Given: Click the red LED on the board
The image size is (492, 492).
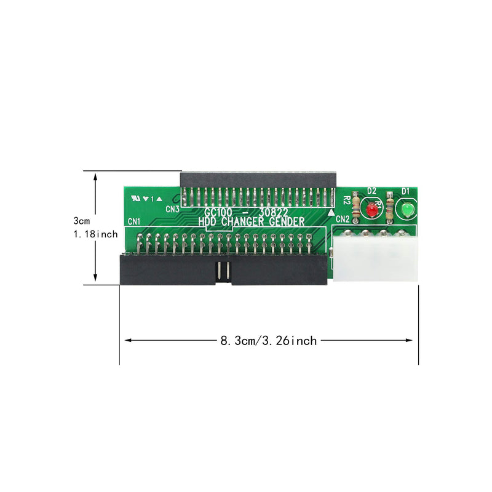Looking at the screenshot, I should (x=371, y=210).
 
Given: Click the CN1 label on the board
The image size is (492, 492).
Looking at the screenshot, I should (x=134, y=221).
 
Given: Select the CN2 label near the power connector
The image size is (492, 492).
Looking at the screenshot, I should (x=343, y=219).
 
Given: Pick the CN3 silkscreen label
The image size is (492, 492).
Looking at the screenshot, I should (x=172, y=209).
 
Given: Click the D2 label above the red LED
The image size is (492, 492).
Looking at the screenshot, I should (x=371, y=191).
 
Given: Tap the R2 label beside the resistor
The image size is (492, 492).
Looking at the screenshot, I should (x=347, y=200).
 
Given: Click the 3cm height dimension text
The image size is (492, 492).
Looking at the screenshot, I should (x=81, y=220).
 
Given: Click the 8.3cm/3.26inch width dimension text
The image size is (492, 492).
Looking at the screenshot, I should (x=268, y=340).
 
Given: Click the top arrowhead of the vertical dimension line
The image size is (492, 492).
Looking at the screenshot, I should (x=95, y=176).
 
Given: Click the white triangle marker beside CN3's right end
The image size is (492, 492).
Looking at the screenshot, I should (x=332, y=212).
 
